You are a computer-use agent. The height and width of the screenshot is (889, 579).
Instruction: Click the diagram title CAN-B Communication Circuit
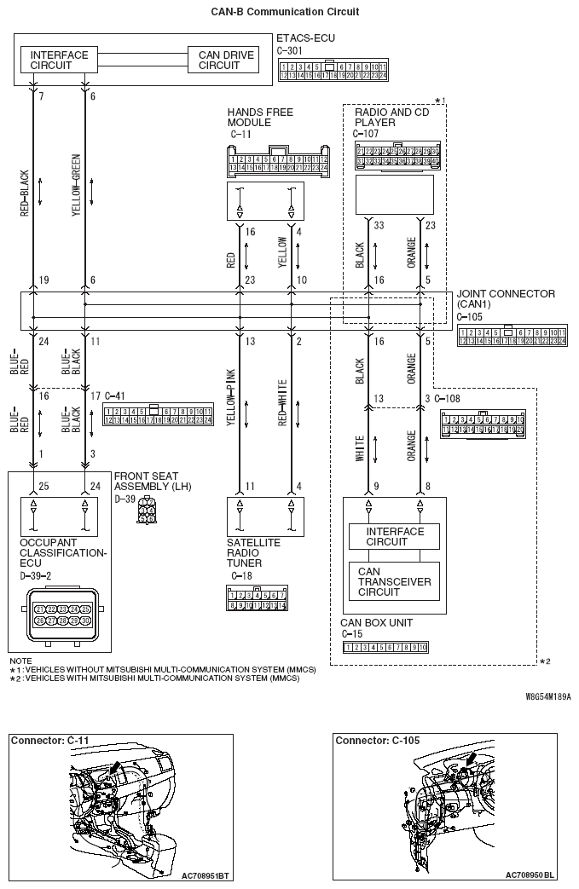click(x=285, y=12)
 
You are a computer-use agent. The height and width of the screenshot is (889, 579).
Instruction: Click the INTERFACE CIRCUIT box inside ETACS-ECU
click(x=59, y=61)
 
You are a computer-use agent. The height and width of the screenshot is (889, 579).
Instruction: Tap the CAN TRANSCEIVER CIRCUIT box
click(x=394, y=581)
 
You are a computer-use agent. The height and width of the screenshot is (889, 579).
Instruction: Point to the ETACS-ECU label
click(x=306, y=38)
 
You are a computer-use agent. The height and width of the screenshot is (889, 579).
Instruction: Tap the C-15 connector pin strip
click(x=385, y=648)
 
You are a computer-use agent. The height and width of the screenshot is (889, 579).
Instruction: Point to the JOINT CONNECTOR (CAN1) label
click(x=506, y=299)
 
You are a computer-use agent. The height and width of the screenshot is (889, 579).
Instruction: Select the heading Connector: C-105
click(x=377, y=741)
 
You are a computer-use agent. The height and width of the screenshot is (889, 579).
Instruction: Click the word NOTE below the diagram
click(x=20, y=661)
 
